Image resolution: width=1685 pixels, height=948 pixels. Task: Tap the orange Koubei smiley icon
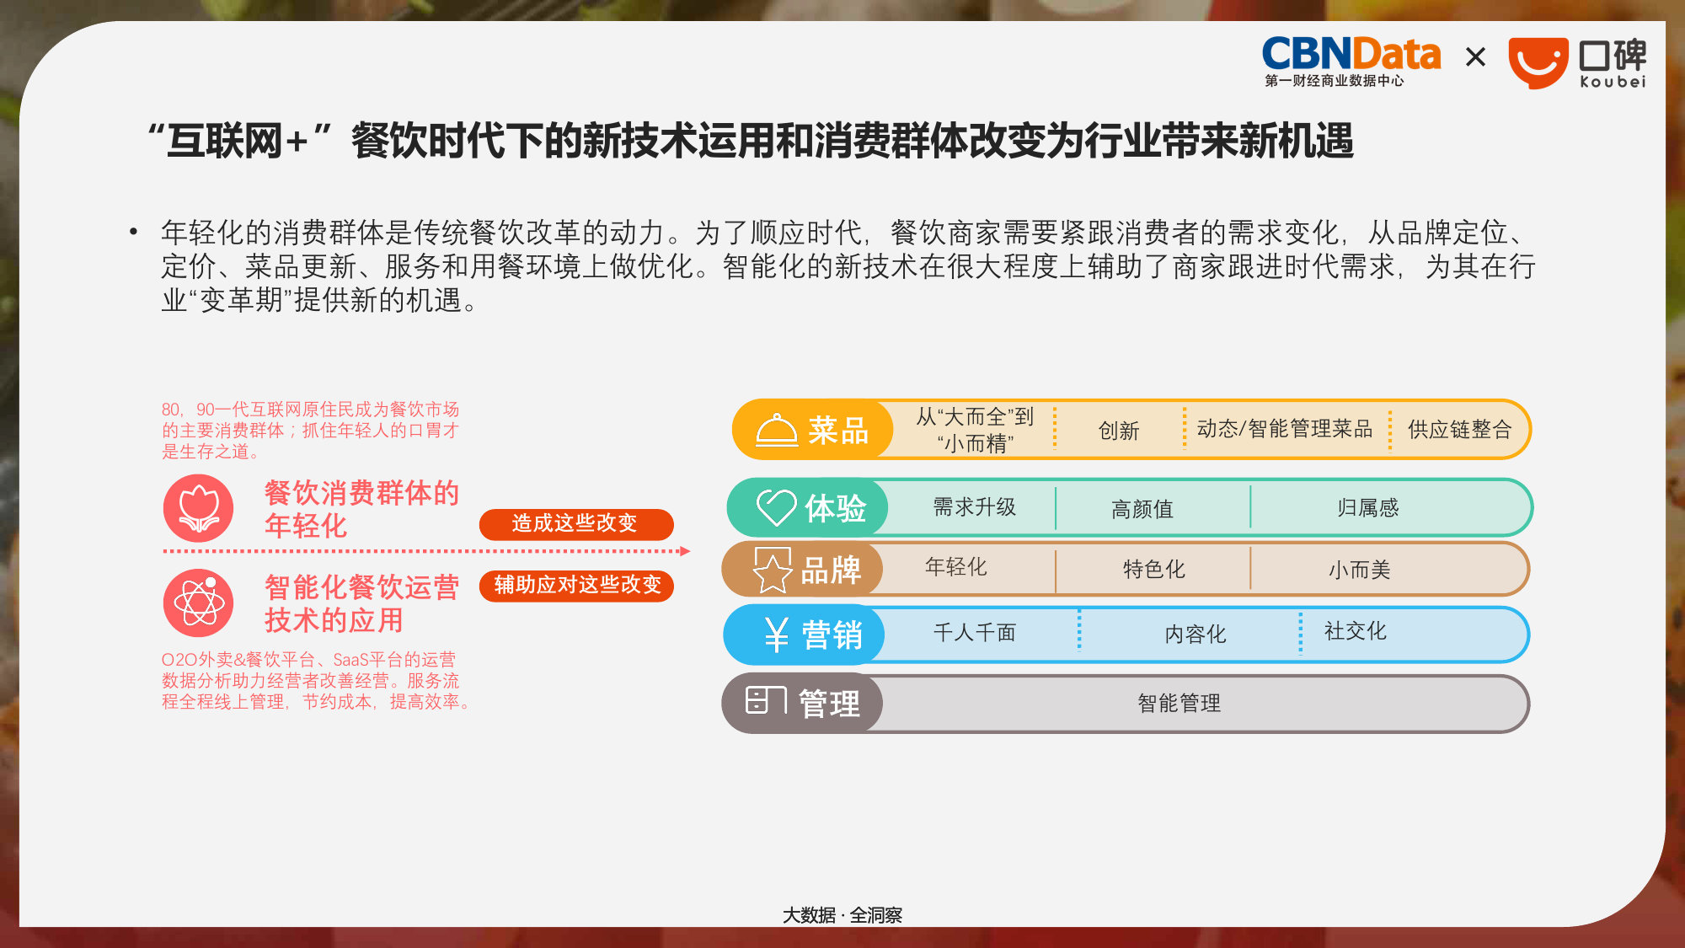click(1538, 62)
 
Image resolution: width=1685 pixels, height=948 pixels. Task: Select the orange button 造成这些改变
click(575, 523)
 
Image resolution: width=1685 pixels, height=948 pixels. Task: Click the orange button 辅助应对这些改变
click(576, 586)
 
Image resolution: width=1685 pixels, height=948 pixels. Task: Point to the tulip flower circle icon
click(199, 508)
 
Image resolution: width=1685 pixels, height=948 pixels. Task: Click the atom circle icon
click(199, 603)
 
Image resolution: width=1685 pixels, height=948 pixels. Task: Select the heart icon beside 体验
click(775, 507)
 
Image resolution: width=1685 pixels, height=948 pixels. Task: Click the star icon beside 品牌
click(772, 570)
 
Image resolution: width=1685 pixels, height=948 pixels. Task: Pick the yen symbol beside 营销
click(776, 635)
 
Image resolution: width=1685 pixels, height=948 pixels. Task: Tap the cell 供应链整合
click(1459, 430)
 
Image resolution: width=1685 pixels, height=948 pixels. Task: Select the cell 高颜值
click(1142, 509)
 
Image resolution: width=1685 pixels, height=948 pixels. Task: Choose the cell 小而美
click(1359, 570)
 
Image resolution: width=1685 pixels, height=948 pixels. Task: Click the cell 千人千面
click(975, 633)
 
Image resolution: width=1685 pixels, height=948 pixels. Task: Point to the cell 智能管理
click(1179, 704)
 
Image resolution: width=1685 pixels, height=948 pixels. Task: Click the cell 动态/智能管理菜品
click(1284, 429)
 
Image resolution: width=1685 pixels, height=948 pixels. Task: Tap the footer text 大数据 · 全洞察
click(842, 915)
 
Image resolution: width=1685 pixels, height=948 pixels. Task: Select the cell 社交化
click(1355, 631)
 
